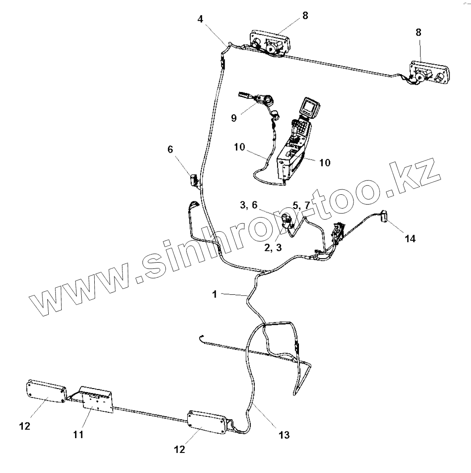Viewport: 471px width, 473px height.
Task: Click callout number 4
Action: pyautogui.click(x=201, y=20)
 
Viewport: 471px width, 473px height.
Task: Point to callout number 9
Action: pyautogui.click(x=234, y=118)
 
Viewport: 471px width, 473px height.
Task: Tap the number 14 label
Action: pyautogui.click(x=410, y=239)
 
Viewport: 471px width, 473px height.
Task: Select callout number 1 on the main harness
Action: pyautogui.click(x=214, y=294)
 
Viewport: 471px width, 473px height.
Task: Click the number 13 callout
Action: pyautogui.click(x=284, y=434)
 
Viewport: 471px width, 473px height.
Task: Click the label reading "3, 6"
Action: pyautogui.click(x=248, y=205)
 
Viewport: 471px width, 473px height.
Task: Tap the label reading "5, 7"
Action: pyautogui.click(x=301, y=205)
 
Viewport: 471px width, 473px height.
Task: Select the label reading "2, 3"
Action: pyautogui.click(x=273, y=248)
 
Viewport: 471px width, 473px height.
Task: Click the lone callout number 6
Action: pyautogui.click(x=170, y=150)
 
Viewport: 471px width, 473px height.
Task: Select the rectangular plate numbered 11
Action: pyautogui.click(x=96, y=399)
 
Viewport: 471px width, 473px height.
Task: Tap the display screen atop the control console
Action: pyautogui.click(x=309, y=106)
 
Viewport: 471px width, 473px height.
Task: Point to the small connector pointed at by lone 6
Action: pyautogui.click(x=194, y=180)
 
